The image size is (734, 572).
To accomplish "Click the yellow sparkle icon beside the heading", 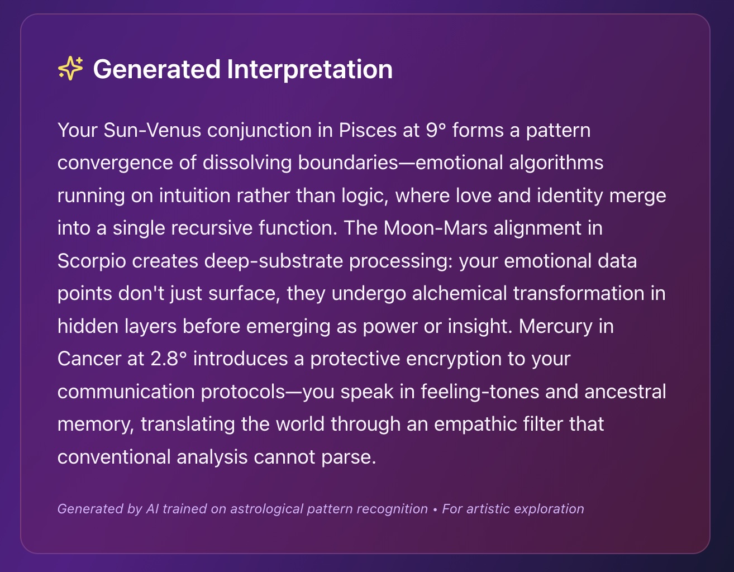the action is tap(70, 69).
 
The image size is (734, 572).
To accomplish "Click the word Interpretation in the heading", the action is tap(309, 70).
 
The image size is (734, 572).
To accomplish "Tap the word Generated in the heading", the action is tap(157, 69).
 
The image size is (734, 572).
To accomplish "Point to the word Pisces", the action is tap(368, 130).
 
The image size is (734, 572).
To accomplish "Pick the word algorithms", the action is tap(556, 163).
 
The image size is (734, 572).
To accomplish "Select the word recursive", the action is tap(212, 228).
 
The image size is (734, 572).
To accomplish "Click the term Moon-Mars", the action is tap(435, 228).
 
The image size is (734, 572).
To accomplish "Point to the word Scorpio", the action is tap(92, 261).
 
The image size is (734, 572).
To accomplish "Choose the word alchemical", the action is tap(459, 293).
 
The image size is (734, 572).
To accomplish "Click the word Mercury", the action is tap(556, 327).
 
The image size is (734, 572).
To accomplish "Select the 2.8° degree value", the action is tap(169, 359).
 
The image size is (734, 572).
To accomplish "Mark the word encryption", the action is tap(454, 359).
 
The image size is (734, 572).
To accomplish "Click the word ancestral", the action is tap(625, 392).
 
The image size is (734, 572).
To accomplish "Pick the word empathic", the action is tap(475, 425).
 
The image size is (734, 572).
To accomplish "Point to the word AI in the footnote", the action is tap(152, 508).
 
